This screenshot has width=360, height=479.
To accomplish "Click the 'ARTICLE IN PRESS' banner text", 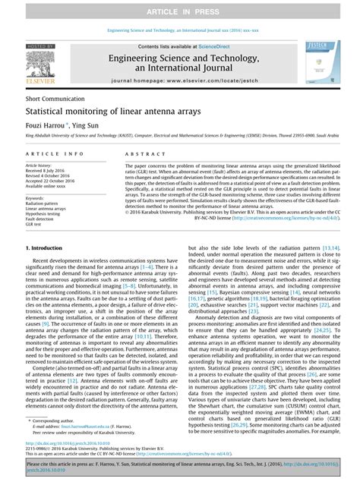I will click(x=180, y=11).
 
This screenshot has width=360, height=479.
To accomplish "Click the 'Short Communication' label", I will click(x=53, y=99).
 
